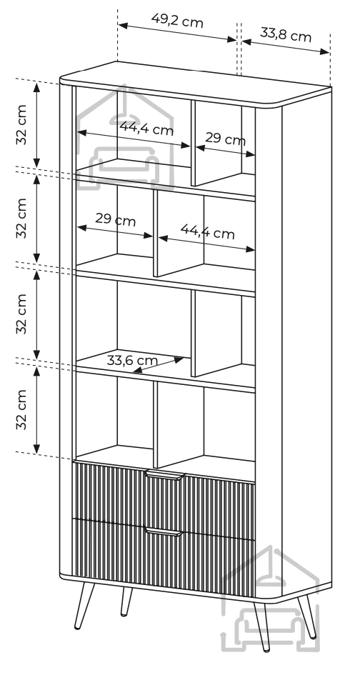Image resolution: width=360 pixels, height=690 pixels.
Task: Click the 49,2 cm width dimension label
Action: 177,20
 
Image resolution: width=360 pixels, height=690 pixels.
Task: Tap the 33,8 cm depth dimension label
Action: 286,35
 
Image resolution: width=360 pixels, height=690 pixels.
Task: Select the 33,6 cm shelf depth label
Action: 132,361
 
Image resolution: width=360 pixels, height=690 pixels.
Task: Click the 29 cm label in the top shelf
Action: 225,139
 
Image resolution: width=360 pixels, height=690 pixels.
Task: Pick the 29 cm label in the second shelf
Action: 115,219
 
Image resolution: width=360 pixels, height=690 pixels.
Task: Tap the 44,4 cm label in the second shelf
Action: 207,231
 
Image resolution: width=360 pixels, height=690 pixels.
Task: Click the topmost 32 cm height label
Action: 21,124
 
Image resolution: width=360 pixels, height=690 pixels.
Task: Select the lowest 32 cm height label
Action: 21,410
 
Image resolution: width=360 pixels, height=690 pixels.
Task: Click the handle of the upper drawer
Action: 165,475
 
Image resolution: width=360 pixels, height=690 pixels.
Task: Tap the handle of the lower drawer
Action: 164,532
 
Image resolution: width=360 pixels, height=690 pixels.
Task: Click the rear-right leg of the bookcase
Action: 306,616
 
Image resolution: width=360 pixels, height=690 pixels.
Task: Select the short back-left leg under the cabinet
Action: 126,601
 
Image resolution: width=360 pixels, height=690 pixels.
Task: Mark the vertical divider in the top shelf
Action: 193,144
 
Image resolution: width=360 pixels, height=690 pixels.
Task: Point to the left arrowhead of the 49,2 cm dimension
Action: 124,25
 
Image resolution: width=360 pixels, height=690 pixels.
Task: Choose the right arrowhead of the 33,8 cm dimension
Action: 324,51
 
